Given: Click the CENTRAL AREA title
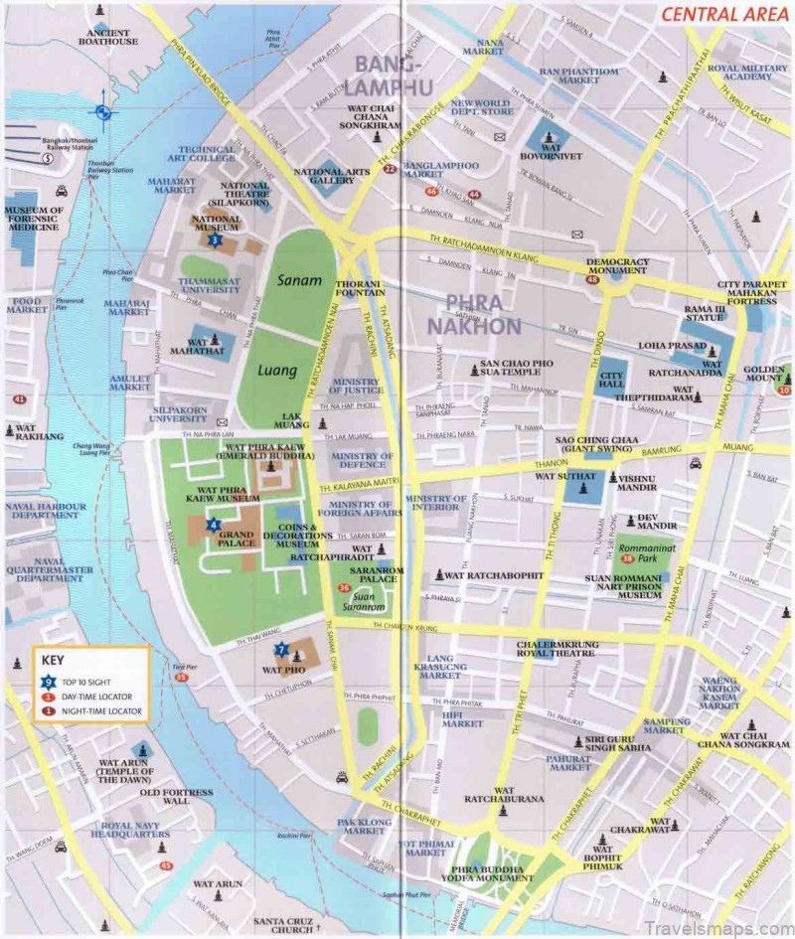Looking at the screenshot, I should (x=717, y=14).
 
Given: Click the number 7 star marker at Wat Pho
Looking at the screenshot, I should (x=282, y=650).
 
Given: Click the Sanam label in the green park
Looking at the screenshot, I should (x=300, y=281).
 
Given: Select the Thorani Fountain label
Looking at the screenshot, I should (x=360, y=286).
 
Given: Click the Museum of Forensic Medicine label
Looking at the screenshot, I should (x=34, y=219).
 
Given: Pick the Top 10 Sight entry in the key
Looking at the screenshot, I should (x=89, y=683).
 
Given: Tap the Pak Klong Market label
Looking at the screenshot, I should (x=361, y=828).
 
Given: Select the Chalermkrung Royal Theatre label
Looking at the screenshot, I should (x=556, y=649).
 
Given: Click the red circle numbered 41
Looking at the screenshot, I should (x=19, y=398).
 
